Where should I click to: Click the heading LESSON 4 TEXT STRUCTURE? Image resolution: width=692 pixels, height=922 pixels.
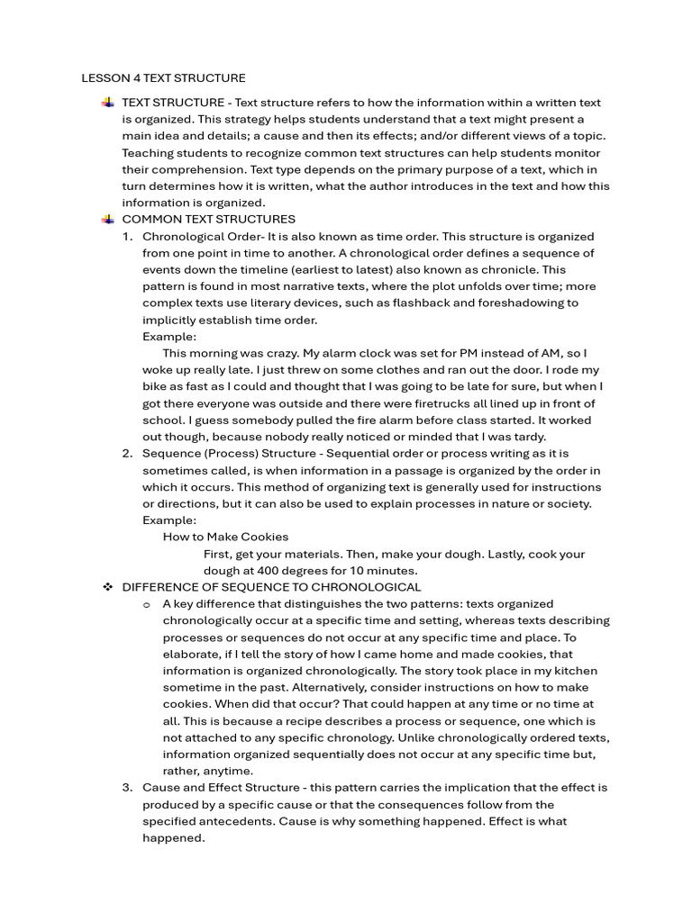[x=163, y=78]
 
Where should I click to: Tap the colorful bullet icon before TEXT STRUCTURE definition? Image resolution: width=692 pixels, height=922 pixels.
[x=107, y=103]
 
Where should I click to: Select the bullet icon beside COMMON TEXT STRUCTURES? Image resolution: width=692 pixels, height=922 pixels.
[x=107, y=219]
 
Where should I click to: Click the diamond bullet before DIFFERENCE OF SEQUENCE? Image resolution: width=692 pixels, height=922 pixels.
[x=107, y=587]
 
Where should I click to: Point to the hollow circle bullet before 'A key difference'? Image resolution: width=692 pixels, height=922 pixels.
[x=147, y=604]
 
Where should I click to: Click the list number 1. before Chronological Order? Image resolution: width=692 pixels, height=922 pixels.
[x=128, y=236]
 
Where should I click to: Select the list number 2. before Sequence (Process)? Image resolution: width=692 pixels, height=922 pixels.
[x=128, y=453]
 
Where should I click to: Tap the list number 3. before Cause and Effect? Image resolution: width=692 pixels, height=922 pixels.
[x=128, y=788]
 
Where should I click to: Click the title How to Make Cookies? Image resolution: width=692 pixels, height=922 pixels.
[x=225, y=537]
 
